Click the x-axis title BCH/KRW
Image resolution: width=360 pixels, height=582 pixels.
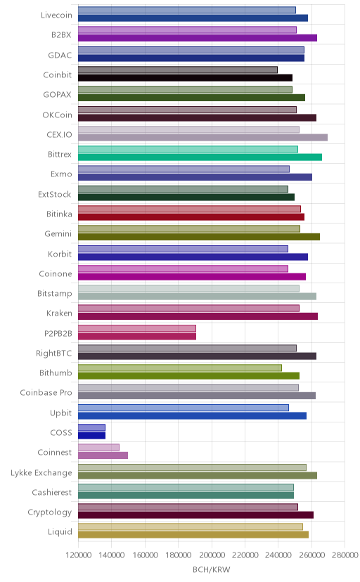(211, 569)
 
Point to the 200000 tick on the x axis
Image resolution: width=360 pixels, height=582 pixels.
(212, 555)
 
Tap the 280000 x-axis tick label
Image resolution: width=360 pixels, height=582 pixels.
(345, 555)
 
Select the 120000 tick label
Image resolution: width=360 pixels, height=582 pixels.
(78, 555)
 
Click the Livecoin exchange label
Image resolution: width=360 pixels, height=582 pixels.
(56, 15)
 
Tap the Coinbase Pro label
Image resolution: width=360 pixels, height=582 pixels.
(46, 393)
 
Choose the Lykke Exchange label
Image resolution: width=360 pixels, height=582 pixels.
(41, 472)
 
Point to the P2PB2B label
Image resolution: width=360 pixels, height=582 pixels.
(58, 333)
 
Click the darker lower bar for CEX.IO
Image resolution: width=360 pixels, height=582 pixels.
(202, 138)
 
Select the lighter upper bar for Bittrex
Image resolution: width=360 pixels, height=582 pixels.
(188, 149)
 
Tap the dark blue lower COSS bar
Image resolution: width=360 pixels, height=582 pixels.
(91, 435)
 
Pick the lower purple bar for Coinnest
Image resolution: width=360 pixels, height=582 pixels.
(103, 455)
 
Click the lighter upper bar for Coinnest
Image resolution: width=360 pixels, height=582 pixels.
(98, 447)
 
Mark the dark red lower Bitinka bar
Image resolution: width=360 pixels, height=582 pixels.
(191, 217)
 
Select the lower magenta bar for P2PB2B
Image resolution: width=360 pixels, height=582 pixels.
(137, 336)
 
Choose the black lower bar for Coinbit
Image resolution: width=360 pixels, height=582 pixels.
(185, 78)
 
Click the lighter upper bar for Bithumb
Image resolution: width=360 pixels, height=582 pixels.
(180, 368)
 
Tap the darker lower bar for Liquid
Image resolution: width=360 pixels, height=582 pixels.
(193, 535)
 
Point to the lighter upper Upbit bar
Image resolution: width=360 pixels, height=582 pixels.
(184, 408)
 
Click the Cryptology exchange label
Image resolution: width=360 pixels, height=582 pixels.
(50, 512)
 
